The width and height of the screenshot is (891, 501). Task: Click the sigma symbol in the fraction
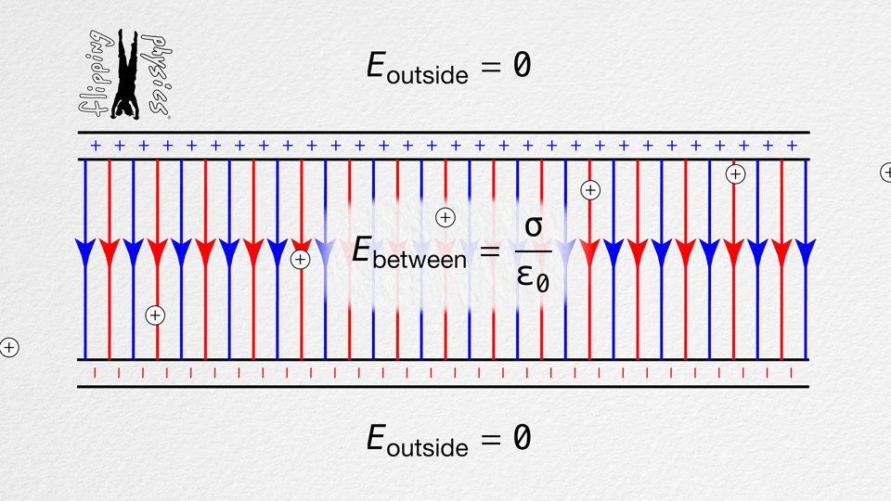pyautogui.click(x=534, y=226)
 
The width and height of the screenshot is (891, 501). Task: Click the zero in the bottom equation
pyautogui.click(x=522, y=437)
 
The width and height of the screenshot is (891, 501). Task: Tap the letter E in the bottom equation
pyautogui.click(x=376, y=437)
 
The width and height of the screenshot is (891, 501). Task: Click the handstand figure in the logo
pyautogui.click(x=124, y=74)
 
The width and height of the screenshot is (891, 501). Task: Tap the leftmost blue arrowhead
pyautogui.click(x=85, y=250)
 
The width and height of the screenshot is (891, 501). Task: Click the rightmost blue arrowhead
pyautogui.click(x=806, y=250)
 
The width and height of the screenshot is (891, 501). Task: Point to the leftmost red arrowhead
pyautogui.click(x=110, y=250)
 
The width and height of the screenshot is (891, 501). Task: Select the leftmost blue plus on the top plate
pyautogui.click(x=96, y=146)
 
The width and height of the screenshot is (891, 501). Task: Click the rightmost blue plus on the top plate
pyautogui.click(x=792, y=146)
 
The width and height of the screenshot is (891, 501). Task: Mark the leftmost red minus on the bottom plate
pyautogui.click(x=95, y=373)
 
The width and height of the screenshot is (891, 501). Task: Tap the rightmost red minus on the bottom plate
pyautogui.click(x=791, y=373)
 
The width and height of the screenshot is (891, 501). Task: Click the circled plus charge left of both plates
pyautogui.click(x=9, y=348)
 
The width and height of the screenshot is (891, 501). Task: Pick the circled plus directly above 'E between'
pyautogui.click(x=445, y=217)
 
